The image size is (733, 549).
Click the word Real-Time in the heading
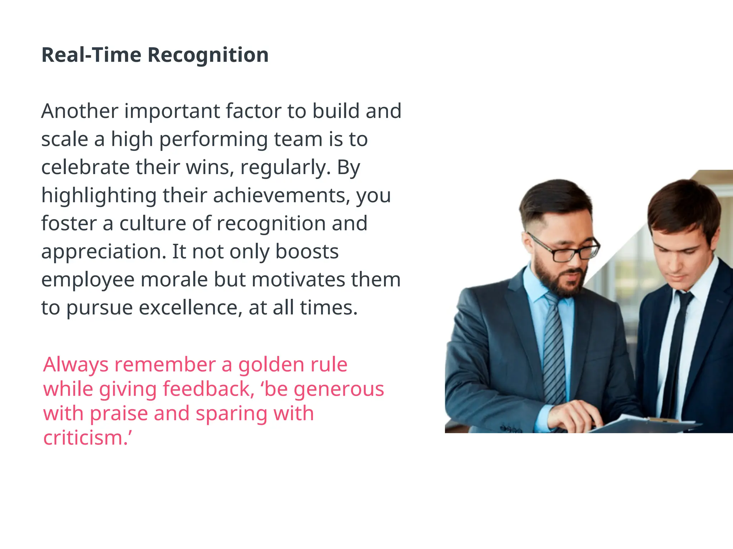click(91, 55)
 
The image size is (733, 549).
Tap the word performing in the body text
click(213, 139)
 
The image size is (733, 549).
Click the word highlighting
click(99, 196)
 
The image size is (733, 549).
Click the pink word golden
click(271, 365)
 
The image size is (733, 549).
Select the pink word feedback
click(209, 389)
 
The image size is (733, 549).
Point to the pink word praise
click(119, 414)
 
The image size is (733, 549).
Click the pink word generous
click(339, 390)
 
